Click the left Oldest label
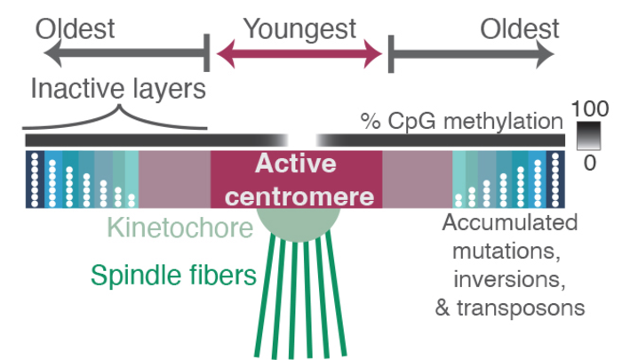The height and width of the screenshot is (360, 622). point(76,28)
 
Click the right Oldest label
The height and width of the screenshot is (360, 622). point(520,28)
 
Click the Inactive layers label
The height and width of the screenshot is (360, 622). point(117,89)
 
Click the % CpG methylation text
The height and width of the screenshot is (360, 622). point(461,120)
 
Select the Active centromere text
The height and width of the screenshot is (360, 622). point(296,179)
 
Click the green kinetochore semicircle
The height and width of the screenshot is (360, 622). point(297,223)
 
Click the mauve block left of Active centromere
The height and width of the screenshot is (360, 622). point(174,179)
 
